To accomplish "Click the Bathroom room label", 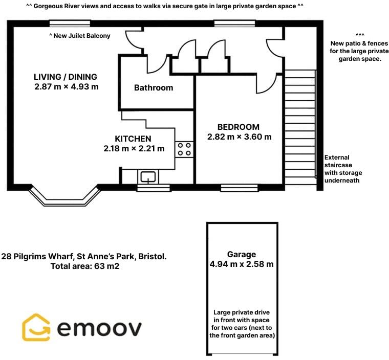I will (154, 88).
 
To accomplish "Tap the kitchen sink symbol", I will (148, 177).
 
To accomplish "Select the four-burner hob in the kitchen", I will (184, 149).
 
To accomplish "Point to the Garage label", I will (242, 254).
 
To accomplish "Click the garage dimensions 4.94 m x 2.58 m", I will (242, 264).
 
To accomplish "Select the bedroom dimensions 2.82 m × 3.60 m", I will (239, 137).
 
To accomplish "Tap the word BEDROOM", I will (239, 127).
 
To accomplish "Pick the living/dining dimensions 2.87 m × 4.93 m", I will (67, 87).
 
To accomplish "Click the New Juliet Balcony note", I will (87, 36).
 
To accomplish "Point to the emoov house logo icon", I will (36, 327).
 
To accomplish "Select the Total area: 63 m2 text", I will (85, 266).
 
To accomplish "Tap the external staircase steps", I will (299, 128).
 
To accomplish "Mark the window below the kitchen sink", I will (154, 188).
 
